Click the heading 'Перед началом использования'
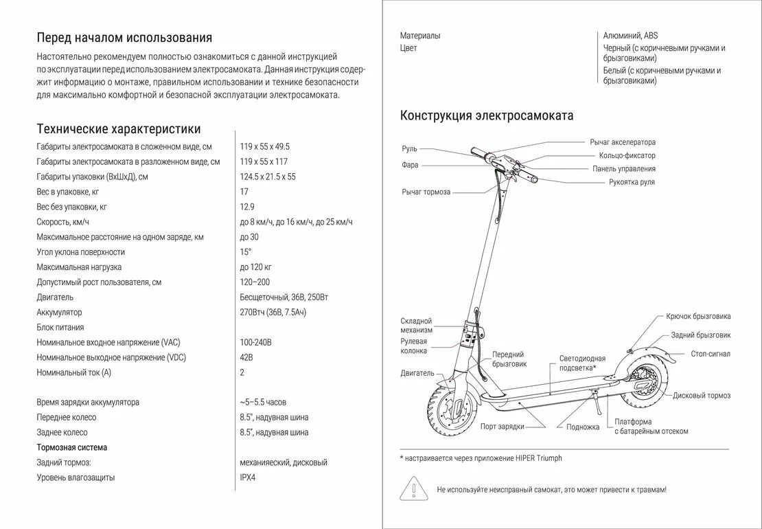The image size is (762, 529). (124, 38)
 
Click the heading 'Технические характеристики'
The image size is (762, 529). (119, 129)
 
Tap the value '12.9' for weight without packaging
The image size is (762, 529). (247, 207)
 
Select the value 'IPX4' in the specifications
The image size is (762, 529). (248, 477)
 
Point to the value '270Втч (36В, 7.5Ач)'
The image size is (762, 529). (273, 313)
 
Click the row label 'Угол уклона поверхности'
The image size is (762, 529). (80, 252)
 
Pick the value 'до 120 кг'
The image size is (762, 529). (256, 267)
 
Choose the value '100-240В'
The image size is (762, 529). (256, 342)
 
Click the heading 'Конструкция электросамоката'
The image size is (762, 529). (487, 115)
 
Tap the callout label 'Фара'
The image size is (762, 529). (410, 165)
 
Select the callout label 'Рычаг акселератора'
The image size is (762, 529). (623, 142)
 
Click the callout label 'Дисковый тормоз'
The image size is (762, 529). (702, 396)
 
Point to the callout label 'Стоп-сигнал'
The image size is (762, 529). (711, 354)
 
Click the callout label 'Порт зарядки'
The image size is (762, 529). (503, 427)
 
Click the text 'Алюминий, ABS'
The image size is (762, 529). (630, 36)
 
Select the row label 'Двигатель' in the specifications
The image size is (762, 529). (55, 297)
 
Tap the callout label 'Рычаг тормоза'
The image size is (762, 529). (426, 192)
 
